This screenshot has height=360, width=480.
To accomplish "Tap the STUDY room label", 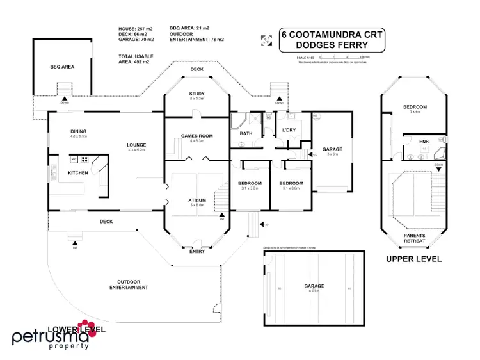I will tap(196, 94).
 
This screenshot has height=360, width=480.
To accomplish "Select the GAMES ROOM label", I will tap(196, 136).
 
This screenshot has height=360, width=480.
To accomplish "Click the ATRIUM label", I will tap(196, 200).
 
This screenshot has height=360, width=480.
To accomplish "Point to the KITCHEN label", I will tap(78, 173).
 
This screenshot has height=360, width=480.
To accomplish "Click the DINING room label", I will tap(79, 132).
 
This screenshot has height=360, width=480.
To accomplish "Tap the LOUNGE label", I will tap(136, 145).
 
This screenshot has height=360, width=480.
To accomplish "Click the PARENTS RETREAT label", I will tap(415, 238).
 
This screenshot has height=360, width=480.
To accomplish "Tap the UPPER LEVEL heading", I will tap(413, 259).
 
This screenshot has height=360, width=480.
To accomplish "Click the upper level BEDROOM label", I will tap(415, 106).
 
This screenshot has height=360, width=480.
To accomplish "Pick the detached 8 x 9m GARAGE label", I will tap(314, 286).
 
